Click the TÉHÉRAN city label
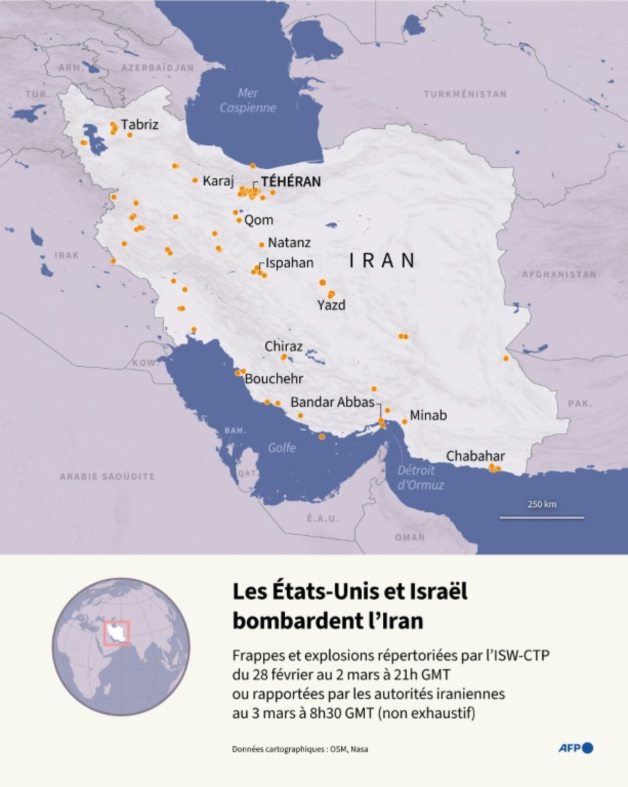(290, 182)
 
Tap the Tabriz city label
(140, 125)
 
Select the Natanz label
(289, 242)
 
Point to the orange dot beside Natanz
(262, 245)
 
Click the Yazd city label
(331, 305)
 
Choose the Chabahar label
(475, 456)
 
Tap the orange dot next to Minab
(404, 421)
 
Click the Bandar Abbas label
(332, 402)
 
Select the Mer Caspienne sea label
(248, 101)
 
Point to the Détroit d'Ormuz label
(420, 477)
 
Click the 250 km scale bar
(542, 517)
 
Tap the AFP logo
(576, 748)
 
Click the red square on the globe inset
(117, 633)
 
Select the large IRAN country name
(382, 261)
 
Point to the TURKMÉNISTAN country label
(465, 94)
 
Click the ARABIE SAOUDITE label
(107, 476)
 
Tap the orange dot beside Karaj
(195, 180)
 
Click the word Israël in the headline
(438, 591)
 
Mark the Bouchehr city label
(274, 379)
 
